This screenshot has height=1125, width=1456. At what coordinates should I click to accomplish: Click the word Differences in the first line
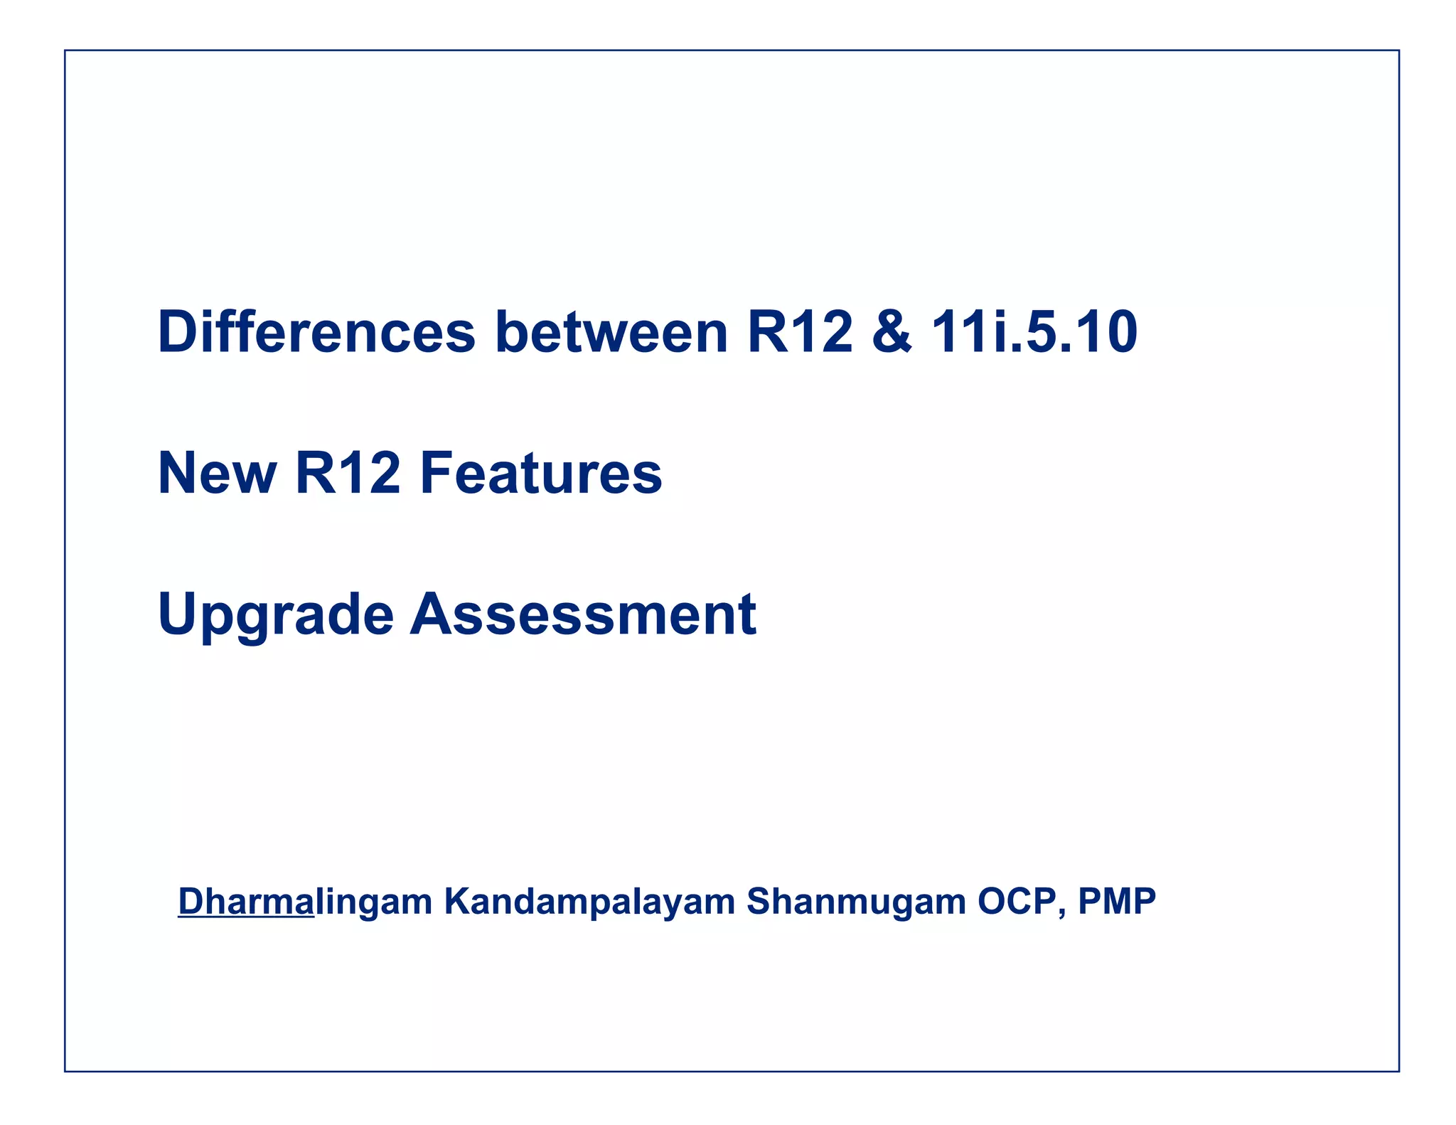click(316, 332)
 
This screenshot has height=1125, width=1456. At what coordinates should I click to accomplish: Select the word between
click(611, 332)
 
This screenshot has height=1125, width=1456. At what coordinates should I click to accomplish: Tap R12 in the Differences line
click(800, 332)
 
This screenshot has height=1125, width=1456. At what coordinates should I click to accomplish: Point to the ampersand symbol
click(892, 332)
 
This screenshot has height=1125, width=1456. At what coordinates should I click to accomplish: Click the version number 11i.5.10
click(1034, 332)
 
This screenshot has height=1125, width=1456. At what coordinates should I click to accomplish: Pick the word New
click(217, 474)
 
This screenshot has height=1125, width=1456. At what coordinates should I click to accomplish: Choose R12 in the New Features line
click(348, 474)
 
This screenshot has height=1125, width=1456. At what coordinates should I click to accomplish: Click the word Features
click(541, 474)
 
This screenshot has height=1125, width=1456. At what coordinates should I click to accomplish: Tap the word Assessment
click(583, 614)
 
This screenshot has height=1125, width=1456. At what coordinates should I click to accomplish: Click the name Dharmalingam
click(305, 901)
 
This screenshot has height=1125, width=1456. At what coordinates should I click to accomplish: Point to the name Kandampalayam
click(589, 901)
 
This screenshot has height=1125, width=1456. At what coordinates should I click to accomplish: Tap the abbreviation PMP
click(1117, 901)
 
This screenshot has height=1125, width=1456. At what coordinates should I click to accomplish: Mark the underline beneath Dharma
click(245, 919)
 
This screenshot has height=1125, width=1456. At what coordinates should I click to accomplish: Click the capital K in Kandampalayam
click(458, 901)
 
